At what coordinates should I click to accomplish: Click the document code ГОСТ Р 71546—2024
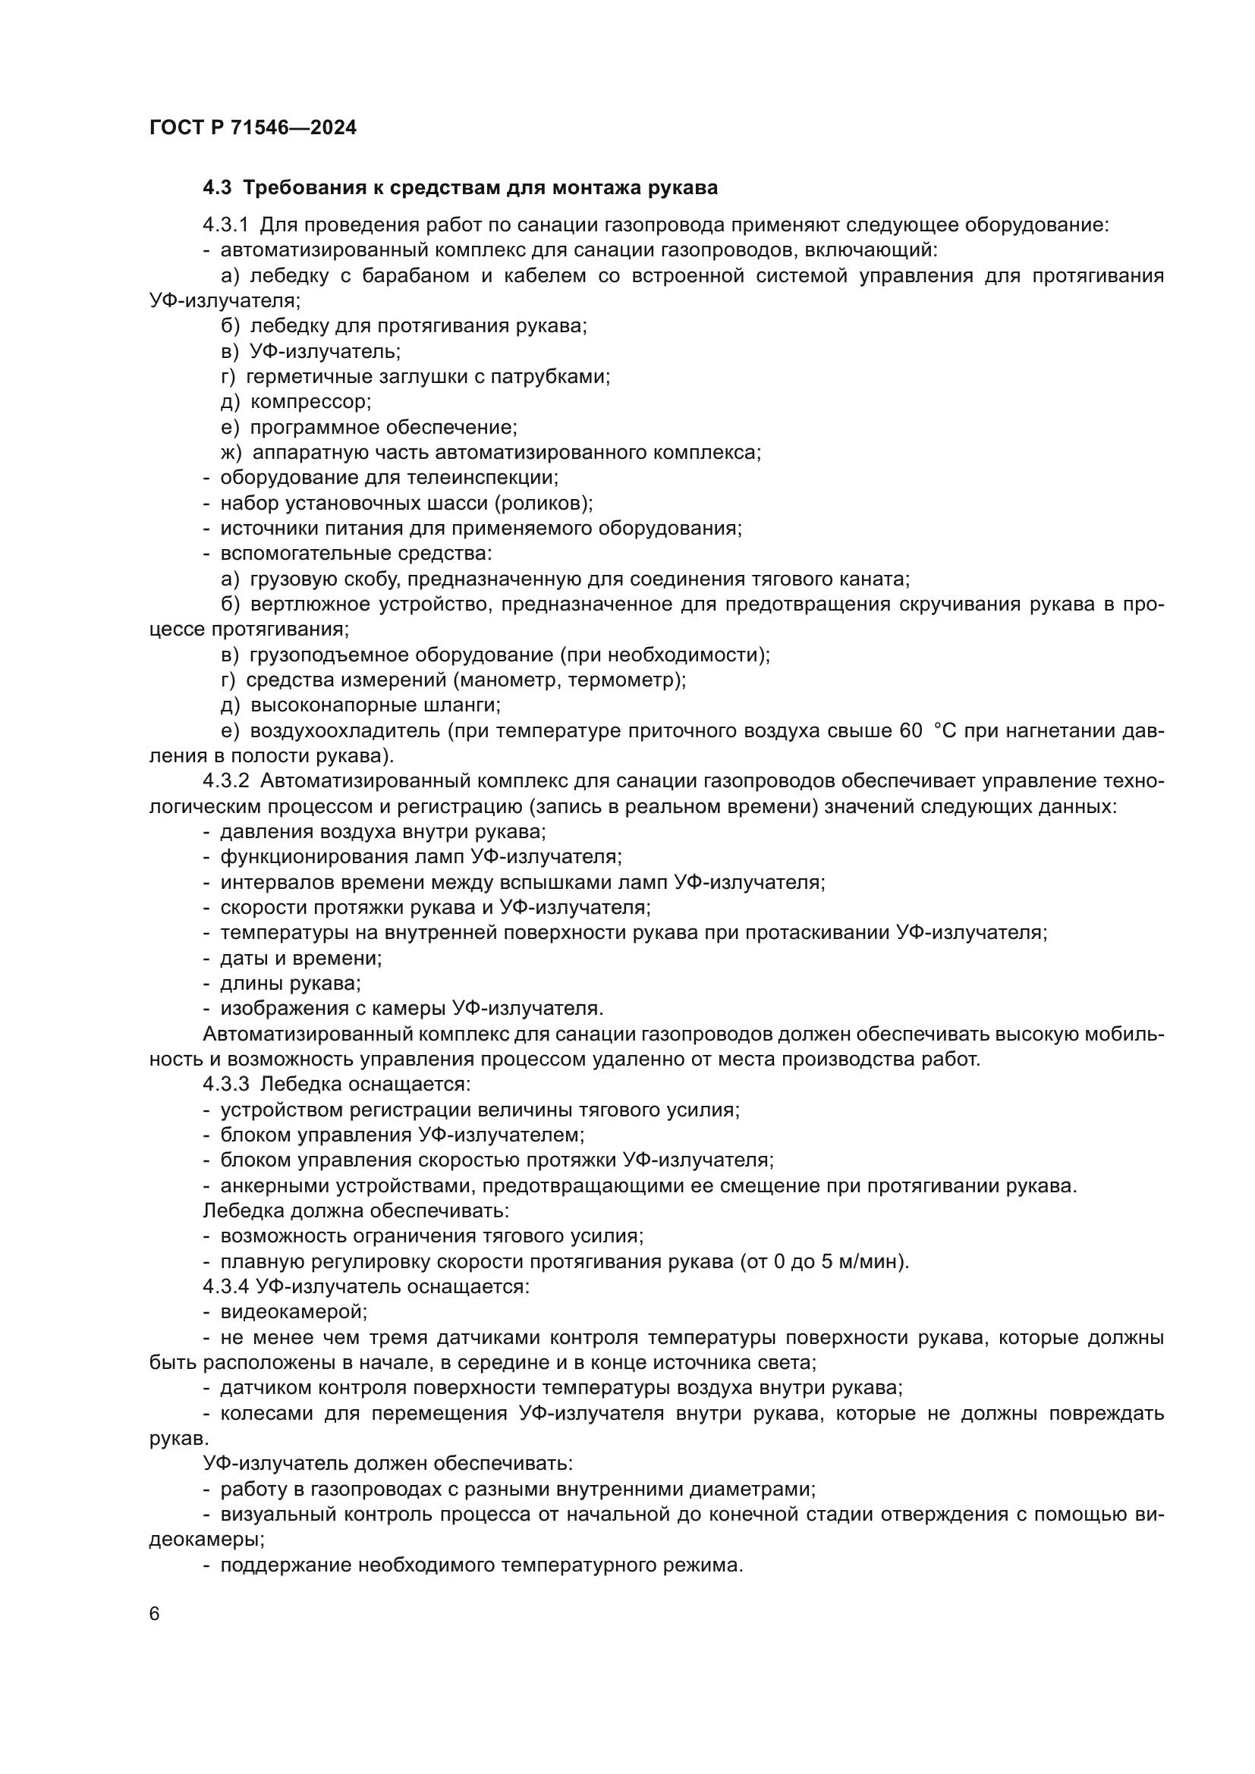(253, 128)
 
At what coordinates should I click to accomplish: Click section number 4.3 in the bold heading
(216, 188)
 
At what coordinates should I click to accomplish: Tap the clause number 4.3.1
(225, 225)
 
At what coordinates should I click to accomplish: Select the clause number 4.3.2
(225, 781)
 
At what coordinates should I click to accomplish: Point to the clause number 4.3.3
(225, 1084)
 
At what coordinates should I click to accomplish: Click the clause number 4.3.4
(225, 1286)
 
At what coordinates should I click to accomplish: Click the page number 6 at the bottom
(155, 1614)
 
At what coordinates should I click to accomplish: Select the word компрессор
(310, 402)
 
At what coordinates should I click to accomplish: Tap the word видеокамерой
(294, 1311)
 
